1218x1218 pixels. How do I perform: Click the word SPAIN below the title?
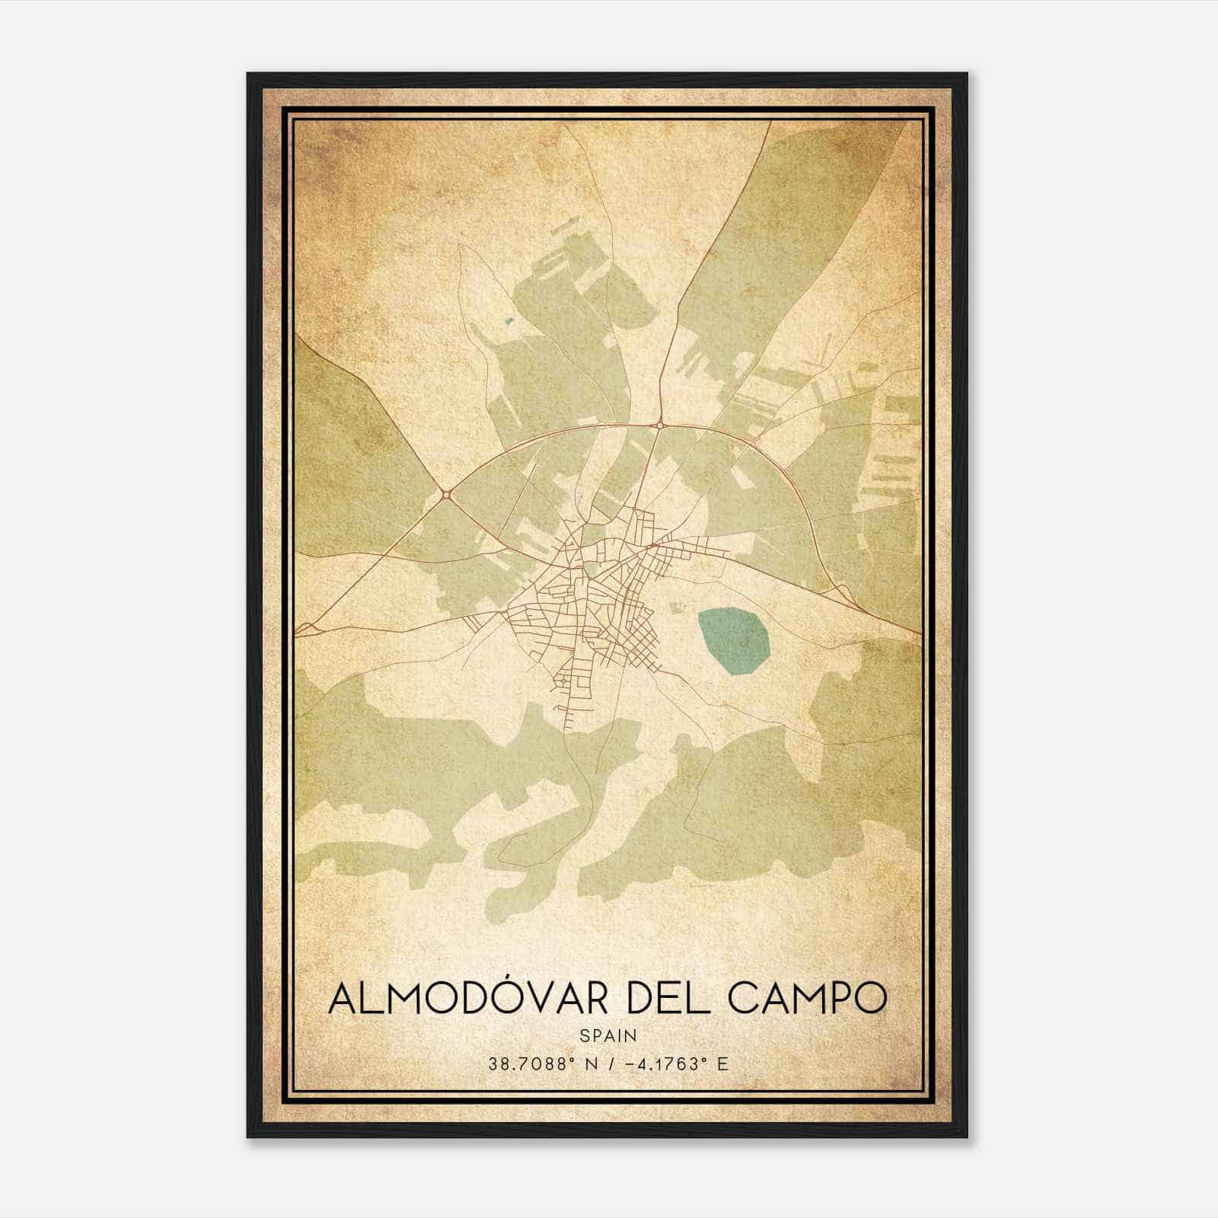point(608,1035)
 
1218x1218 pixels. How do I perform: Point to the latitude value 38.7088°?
point(530,1064)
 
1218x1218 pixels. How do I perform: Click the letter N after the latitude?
point(589,1064)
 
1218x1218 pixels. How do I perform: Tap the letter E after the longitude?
point(722,1064)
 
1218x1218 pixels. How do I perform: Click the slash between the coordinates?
point(609,1064)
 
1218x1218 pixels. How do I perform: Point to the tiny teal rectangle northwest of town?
point(509,321)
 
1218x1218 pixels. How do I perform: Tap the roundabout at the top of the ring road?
point(659,424)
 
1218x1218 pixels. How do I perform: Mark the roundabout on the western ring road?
point(447,495)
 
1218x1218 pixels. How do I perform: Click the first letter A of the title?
point(341,1000)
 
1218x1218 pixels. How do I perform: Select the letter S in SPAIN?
point(583,1035)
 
